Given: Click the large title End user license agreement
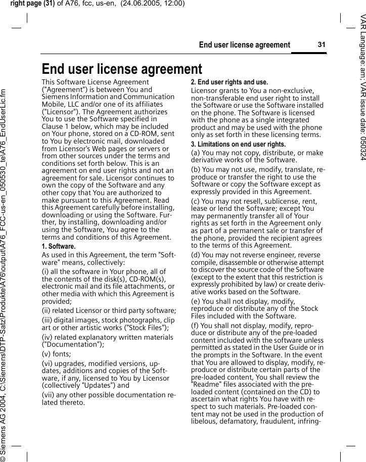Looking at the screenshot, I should click(121, 69).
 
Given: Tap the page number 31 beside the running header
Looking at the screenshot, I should click(321, 44).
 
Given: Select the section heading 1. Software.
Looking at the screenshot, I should click(58, 246).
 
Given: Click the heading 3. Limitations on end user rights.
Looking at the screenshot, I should click(238, 144).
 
